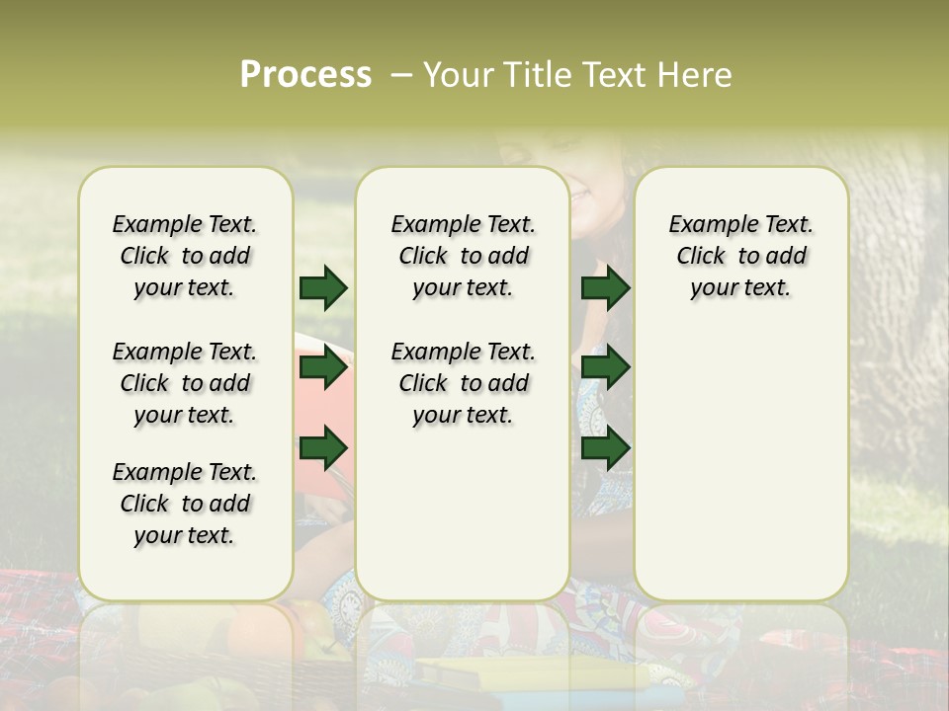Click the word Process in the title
tap(305, 74)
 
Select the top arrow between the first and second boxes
tap(323, 287)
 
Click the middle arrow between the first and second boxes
tap(323, 367)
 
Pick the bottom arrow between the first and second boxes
tap(323, 447)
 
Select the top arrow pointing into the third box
tap(605, 287)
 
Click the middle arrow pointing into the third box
tap(605, 367)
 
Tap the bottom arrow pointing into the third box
tap(605, 447)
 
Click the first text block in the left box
tap(185, 256)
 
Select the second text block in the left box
tap(185, 383)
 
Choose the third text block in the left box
tap(185, 504)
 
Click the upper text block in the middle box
tap(463, 256)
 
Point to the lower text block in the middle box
tap(463, 383)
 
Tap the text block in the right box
tap(740, 256)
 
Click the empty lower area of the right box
tap(740, 464)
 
